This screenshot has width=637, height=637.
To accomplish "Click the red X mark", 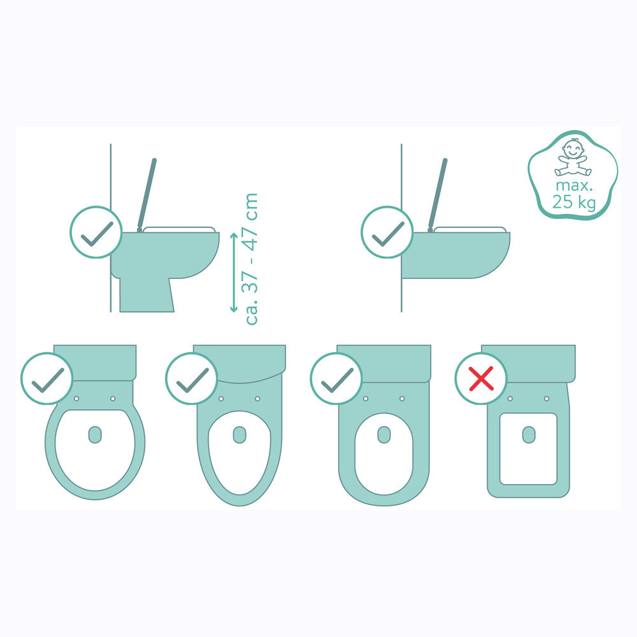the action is (482, 378).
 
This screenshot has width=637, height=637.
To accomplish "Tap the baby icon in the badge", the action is (573, 157).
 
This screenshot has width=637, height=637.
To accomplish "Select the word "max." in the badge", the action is (574, 186).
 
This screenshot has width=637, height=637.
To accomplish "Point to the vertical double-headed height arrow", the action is (234, 272).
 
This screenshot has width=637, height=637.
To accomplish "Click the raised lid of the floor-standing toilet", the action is (147, 194).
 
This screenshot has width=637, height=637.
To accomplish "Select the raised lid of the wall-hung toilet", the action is (438, 194).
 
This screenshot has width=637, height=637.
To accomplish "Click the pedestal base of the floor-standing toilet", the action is (147, 295).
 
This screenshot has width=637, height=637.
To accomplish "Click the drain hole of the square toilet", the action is (529, 434).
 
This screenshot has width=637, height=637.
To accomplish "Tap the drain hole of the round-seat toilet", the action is (95, 434).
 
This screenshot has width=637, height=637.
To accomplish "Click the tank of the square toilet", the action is (528, 363).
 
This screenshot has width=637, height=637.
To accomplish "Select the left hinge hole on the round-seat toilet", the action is (76, 399).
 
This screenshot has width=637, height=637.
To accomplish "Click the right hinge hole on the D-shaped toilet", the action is (402, 399).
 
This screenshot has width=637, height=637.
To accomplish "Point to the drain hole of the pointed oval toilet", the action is (240, 434).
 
